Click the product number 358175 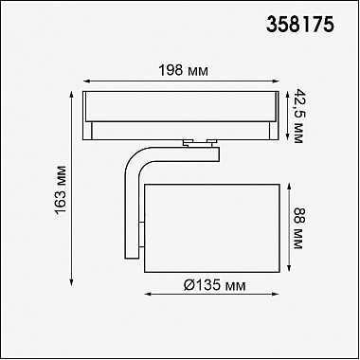point(300,25)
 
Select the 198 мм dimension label point(183,71)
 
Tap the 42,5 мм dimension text point(297,116)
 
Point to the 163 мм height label point(61,189)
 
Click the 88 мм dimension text point(297,227)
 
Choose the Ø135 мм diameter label point(214,285)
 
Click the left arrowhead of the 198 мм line point(86,81)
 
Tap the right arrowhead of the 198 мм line point(276,81)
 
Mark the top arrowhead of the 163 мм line point(71,95)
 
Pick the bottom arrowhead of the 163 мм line point(71,281)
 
